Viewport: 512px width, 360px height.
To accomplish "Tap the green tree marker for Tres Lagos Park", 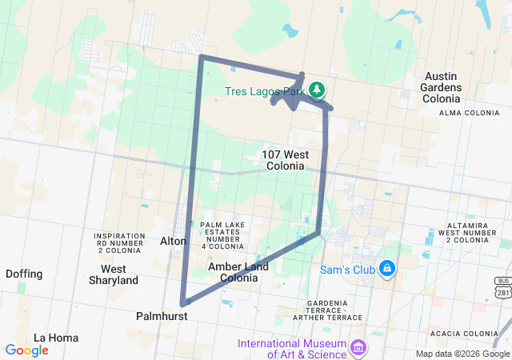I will [x=318, y=89].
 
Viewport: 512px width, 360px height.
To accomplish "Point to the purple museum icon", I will [x=358, y=348].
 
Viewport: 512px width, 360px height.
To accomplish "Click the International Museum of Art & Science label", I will [x=293, y=349].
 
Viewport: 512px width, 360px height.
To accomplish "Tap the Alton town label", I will [x=174, y=241].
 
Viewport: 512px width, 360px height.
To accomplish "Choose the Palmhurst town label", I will [x=162, y=317].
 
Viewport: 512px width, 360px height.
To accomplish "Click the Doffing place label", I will [x=24, y=274].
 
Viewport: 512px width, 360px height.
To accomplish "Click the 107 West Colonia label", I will [x=283, y=160].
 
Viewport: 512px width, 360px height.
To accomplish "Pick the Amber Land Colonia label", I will [x=232, y=272].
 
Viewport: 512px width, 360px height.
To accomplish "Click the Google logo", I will [x=26, y=350].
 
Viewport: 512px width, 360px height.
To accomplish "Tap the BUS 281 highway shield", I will [x=502, y=285].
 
